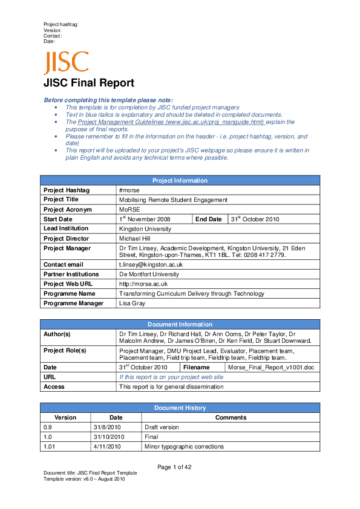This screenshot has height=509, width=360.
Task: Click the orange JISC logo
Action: [x=65, y=63]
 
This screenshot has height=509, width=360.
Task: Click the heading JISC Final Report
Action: [x=88, y=83]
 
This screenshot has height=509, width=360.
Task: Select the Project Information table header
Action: [x=180, y=180]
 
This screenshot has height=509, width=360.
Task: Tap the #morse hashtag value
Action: [x=129, y=190]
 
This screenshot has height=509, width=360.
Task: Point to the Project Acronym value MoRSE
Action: [x=129, y=209]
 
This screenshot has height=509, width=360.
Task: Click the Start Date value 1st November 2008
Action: [x=145, y=219]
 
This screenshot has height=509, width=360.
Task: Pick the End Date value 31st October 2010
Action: [x=255, y=219]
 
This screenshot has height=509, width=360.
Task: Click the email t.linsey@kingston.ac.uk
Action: [x=151, y=265]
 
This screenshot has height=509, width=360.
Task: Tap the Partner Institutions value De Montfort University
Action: [x=149, y=274]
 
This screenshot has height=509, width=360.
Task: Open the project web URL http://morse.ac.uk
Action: [x=143, y=284]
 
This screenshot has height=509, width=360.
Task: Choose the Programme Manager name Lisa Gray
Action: [x=132, y=303]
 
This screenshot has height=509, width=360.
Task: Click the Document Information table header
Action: [x=180, y=325]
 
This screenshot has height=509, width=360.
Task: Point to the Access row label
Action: [x=54, y=386]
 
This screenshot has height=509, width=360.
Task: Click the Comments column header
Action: [x=231, y=417]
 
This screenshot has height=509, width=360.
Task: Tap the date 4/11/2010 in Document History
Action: [x=108, y=447]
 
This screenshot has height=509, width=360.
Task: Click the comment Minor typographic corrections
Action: [x=184, y=447]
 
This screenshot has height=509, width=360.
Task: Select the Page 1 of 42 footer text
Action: [x=174, y=467]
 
